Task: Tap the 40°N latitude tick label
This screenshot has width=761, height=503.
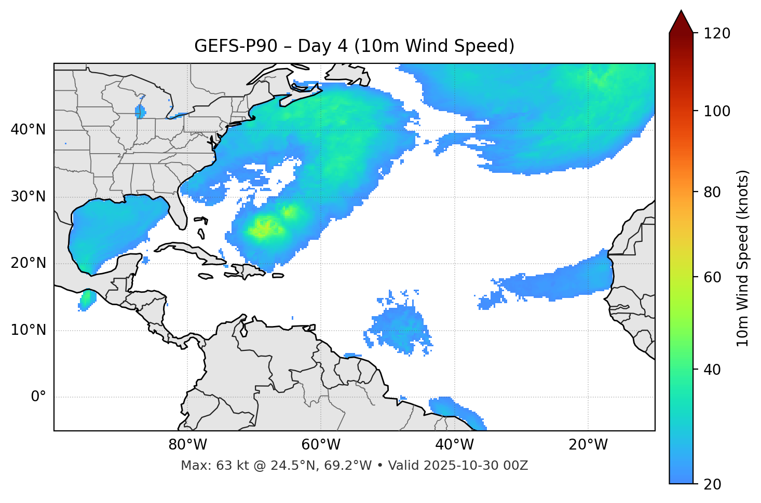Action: [28, 130]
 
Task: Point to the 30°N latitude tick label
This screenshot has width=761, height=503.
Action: [28, 197]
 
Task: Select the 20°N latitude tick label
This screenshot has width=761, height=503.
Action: [28, 263]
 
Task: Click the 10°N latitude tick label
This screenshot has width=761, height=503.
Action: [28, 330]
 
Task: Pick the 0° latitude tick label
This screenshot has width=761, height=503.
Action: [38, 397]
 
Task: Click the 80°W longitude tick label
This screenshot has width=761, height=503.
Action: [187, 445]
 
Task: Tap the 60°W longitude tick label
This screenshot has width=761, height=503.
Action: [321, 445]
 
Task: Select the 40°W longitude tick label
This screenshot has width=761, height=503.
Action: [454, 445]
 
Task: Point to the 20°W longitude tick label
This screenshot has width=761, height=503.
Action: [588, 445]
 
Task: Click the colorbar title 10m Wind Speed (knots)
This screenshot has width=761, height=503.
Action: [743, 258]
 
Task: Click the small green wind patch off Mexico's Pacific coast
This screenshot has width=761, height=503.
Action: [87, 300]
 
